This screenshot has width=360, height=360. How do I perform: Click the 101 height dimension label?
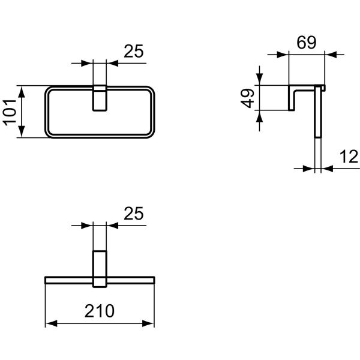(x=10, y=113)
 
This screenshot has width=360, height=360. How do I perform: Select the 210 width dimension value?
(x=100, y=311)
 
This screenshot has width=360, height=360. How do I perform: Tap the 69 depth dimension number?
(x=306, y=43)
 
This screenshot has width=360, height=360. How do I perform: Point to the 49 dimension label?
(x=247, y=98)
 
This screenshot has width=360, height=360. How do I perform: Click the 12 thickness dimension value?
(x=349, y=157)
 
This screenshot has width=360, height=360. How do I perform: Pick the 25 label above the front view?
(x=134, y=51)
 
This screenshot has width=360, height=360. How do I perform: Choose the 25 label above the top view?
(x=134, y=214)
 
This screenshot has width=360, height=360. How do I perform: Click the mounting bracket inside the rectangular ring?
(x=100, y=98)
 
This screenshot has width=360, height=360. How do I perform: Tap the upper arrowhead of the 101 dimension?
(x=22, y=91)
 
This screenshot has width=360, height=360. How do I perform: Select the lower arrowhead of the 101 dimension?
(x=22, y=132)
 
